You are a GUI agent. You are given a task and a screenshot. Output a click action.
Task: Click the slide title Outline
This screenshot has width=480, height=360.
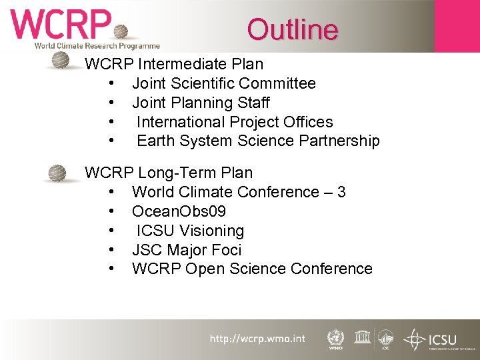pos(293,29)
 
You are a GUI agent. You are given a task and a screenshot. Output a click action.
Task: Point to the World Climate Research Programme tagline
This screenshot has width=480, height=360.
pos(97,46)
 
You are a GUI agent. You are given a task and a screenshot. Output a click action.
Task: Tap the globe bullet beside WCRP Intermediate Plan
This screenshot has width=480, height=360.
pos(61,61)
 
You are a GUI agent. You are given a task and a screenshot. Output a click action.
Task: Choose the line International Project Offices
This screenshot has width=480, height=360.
pos(235,123)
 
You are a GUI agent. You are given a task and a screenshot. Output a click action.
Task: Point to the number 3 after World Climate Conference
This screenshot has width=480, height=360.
pos(341,193)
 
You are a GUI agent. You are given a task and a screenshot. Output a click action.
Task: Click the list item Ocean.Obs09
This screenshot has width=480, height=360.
pos(179,212)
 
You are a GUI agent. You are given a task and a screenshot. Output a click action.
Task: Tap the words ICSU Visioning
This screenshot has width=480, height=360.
pos(190,231)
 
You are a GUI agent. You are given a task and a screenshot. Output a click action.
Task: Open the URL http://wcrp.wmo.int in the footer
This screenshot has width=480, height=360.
pos(257,339)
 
